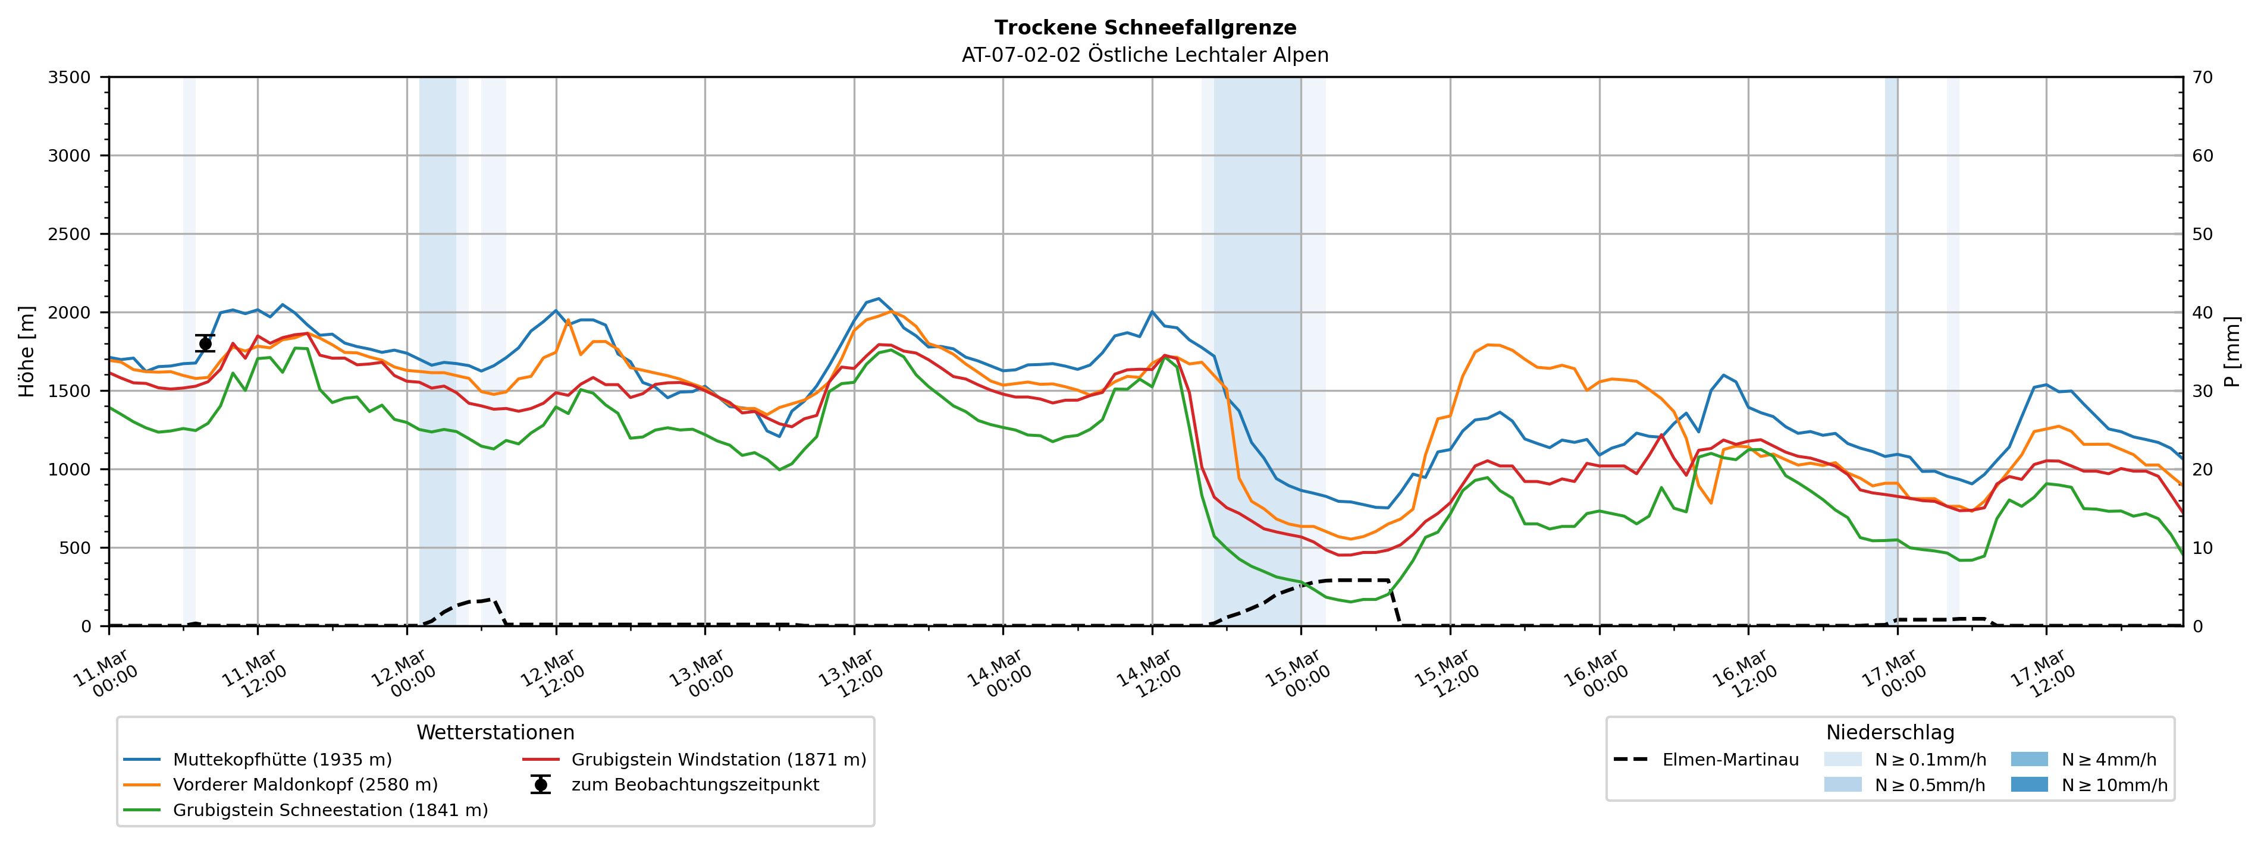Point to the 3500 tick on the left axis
tap(70, 77)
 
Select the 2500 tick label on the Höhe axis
tap(70, 234)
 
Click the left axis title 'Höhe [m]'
tap(27, 351)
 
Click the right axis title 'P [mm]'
tap(2232, 351)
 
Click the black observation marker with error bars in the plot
tap(205, 343)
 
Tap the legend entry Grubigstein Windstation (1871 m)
tap(718, 760)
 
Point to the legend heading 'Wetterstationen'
tap(495, 733)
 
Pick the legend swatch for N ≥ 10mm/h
tap(2029, 785)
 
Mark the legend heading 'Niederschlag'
tap(1890, 733)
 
